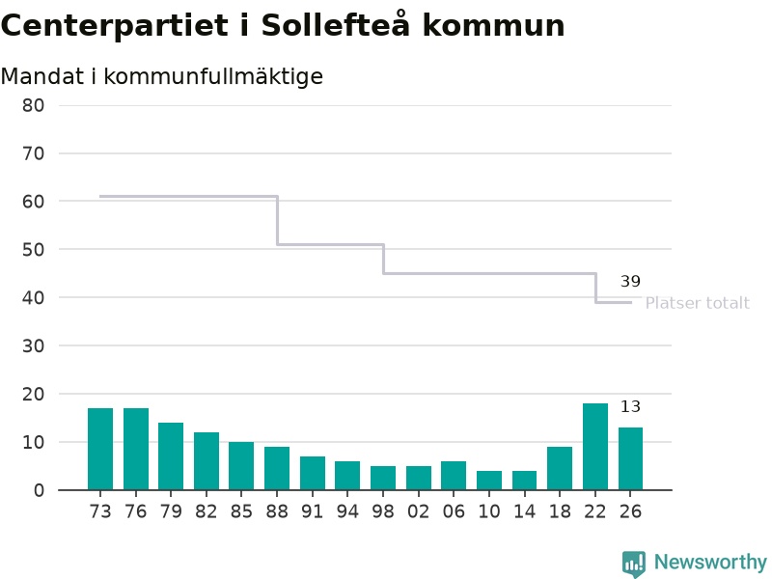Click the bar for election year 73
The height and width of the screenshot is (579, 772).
pyautogui.click(x=100, y=449)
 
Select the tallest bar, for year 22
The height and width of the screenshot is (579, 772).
pyautogui.click(x=595, y=447)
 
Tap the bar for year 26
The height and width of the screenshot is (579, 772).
pyautogui.click(x=631, y=458)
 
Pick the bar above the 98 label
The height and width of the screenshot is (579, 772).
pyautogui.click(x=383, y=478)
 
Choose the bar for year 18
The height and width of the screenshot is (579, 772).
pyautogui.click(x=560, y=468)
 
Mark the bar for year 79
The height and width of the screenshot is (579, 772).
pyautogui.click(x=171, y=455)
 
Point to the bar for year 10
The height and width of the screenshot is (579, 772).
pyautogui.click(x=489, y=480)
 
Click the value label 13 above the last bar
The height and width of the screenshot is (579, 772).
pyautogui.click(x=630, y=406)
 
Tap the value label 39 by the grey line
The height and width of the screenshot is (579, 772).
pyautogui.click(x=630, y=281)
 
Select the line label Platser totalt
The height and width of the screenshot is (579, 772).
pyautogui.click(x=697, y=303)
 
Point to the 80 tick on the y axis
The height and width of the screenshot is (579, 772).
pyautogui.click(x=33, y=105)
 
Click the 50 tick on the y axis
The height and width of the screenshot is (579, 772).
pyautogui.click(x=33, y=250)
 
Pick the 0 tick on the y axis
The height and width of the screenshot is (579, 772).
pyautogui.click(x=39, y=490)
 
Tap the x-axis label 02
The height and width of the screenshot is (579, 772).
pyautogui.click(x=419, y=511)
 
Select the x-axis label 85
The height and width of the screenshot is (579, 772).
pyautogui.click(x=241, y=511)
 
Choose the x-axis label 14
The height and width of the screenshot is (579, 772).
pyautogui.click(x=524, y=511)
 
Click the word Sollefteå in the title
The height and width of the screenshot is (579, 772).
pyautogui.click(x=335, y=24)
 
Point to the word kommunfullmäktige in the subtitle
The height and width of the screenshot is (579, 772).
pyautogui.click(x=213, y=77)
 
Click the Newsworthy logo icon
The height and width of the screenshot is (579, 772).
pyautogui.click(x=634, y=563)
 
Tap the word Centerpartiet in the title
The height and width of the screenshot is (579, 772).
pyautogui.click(x=115, y=26)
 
